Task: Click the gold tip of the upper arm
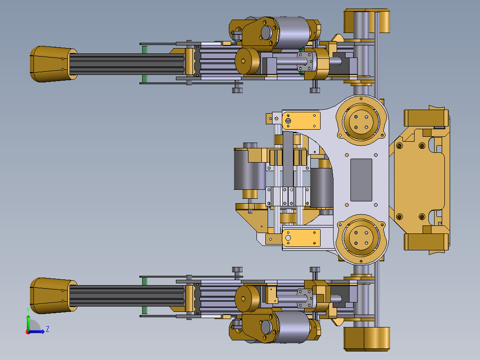pyautogui.click(x=53, y=64)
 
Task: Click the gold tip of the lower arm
pyautogui.click(x=53, y=296)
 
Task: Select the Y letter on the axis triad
pyautogui.click(x=28, y=311)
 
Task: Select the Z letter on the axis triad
pyautogui.click(x=48, y=329)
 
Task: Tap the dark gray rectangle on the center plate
pyautogui.click(x=361, y=180)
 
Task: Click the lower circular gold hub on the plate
pyautogui.click(x=361, y=239)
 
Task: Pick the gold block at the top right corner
pyautogui.click(x=367, y=21)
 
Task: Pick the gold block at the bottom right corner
pyautogui.click(x=367, y=339)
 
